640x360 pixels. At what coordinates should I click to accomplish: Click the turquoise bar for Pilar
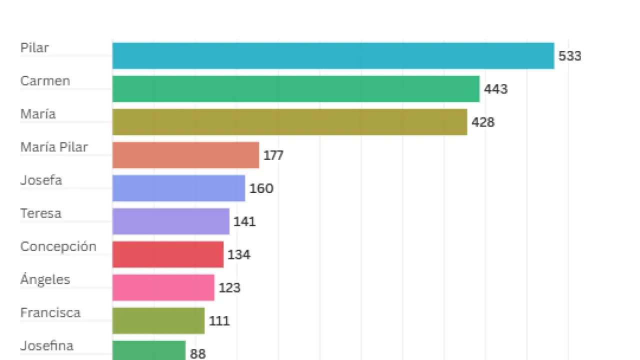pyautogui.click(x=333, y=55)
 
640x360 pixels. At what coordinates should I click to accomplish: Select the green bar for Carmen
pyautogui.click(x=296, y=89)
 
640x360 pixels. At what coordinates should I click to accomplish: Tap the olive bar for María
pyautogui.click(x=289, y=122)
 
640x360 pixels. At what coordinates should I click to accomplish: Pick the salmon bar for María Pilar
pyautogui.click(x=185, y=155)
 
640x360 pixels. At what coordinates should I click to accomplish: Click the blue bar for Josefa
pyautogui.click(x=178, y=188)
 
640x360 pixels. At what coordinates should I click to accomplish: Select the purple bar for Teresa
pyautogui.click(x=170, y=221)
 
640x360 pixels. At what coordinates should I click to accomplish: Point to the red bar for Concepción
pyautogui.click(x=167, y=254)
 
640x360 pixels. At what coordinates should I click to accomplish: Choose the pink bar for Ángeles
pyautogui.click(x=163, y=287)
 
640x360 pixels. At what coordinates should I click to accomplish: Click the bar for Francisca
pyautogui.click(x=158, y=320)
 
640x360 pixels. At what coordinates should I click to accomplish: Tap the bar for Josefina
pyautogui.click(x=149, y=350)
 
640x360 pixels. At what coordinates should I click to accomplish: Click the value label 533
pyautogui.click(x=570, y=56)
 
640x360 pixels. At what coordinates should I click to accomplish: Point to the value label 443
pyautogui.click(x=495, y=89)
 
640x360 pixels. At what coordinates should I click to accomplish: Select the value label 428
pyautogui.click(x=482, y=122)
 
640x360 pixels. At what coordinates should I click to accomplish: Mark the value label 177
pyautogui.click(x=273, y=155)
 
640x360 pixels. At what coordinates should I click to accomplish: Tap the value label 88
pyautogui.click(x=197, y=353)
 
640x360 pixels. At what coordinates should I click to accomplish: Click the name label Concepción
pyautogui.click(x=58, y=246)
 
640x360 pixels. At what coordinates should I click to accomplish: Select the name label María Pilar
pyautogui.click(x=54, y=147)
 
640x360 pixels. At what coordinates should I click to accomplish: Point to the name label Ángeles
pyautogui.click(x=45, y=279)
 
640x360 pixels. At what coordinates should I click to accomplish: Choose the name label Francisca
pyautogui.click(x=50, y=312)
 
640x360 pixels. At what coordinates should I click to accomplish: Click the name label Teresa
pyautogui.click(x=40, y=213)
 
